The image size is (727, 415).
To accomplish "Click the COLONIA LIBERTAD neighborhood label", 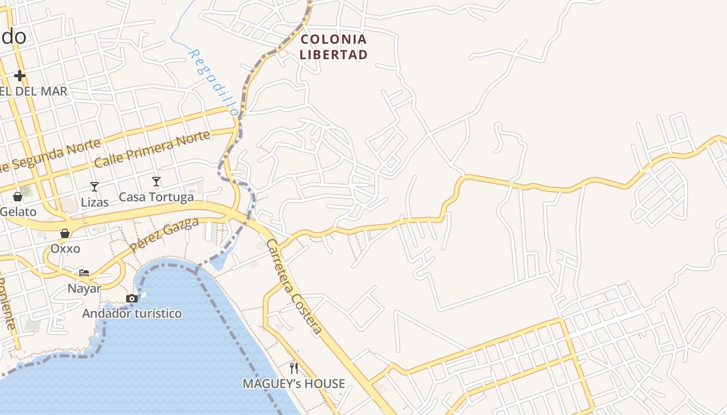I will pos(333,47).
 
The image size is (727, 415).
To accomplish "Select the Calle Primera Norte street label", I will pos(153,149).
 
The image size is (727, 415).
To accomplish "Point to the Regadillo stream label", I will pos(213,82).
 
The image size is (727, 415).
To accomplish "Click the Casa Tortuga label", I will pos(156,197).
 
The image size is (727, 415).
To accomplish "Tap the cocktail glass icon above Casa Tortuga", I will pos(156,182).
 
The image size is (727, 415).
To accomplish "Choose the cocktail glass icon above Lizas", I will pos(94,187).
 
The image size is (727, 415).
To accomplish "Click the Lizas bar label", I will pos(95,202).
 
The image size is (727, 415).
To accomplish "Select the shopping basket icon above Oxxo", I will pos(65,234).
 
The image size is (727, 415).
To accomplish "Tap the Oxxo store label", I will pos(65,249).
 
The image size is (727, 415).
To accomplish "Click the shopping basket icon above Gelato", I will pos(17,197).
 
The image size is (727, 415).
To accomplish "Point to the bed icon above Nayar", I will pos(84,273).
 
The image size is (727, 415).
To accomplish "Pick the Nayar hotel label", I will pos(84,288).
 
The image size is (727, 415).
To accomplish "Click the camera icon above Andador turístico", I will pos(132,298).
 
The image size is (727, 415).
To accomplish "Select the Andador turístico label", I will pos(132,313).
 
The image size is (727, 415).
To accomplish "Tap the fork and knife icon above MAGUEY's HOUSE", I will pos(294,368).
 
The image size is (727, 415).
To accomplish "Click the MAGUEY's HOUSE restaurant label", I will pos(294,384).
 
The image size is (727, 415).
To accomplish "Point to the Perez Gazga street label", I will pos(164,234).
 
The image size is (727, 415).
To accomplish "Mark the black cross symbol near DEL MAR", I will pos(20,76).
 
